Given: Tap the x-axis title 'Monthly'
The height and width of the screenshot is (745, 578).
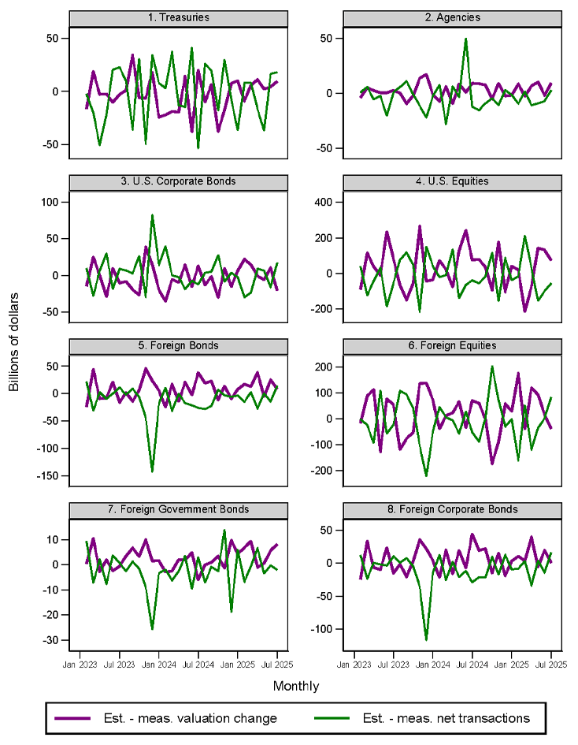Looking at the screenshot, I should coord(296,687).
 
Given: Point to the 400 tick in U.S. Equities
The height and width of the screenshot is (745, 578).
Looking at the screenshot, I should coord(331,202).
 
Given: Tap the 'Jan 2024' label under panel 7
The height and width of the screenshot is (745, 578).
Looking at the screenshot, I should coord(158,665).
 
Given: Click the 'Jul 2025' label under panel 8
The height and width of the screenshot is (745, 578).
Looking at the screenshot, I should coord(550,665).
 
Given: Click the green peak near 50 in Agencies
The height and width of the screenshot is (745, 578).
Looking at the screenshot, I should coord(465,39).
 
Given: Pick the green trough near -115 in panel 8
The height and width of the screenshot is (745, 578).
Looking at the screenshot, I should coord(426,639).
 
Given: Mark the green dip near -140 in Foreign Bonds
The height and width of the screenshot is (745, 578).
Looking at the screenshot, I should coord(152,471).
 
